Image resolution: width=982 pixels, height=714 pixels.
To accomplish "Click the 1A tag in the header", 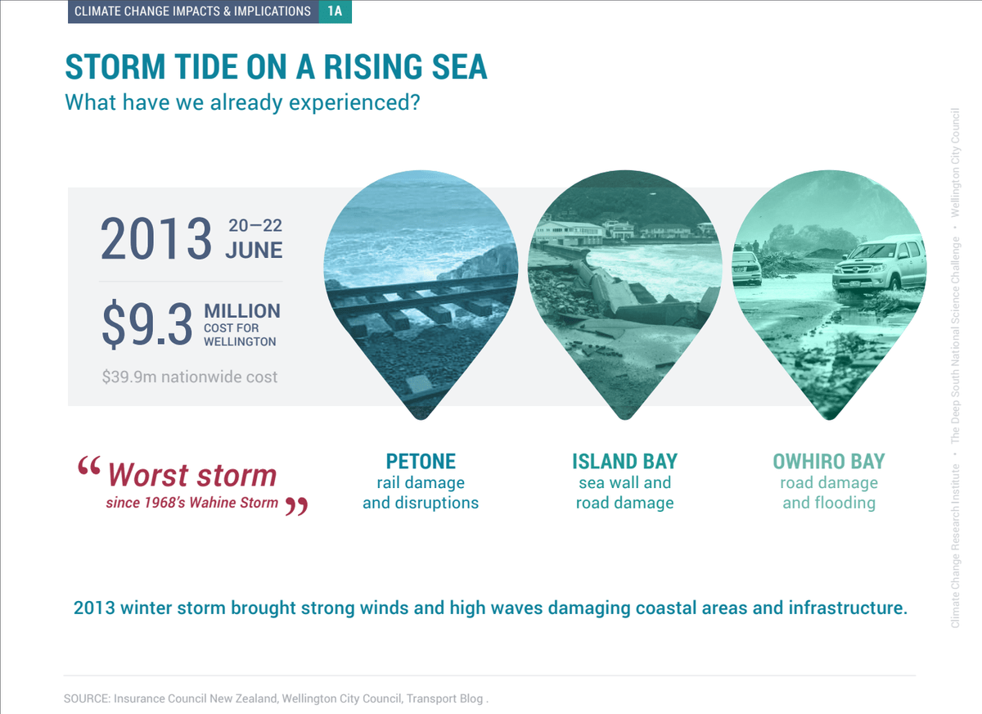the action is tap(335, 11).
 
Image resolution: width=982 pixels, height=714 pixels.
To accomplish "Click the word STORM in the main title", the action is tap(115, 66).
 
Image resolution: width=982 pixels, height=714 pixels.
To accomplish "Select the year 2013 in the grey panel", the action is tap(156, 239).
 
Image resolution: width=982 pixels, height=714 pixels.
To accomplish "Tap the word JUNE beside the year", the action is tap(255, 250).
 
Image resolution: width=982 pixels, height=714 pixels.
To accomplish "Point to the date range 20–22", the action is tap(255, 225).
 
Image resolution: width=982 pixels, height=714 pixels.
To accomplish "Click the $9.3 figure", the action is tap(146, 323).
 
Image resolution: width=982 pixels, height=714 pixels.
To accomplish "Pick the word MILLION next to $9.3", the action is tap(242, 311).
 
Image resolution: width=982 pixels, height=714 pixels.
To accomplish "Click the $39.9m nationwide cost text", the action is tap(190, 377).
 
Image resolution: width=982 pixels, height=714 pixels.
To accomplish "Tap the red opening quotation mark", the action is tap(89, 465).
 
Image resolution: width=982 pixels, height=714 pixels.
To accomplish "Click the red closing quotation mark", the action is tap(297, 506).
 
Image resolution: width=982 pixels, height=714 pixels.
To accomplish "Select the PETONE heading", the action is tap(421, 461).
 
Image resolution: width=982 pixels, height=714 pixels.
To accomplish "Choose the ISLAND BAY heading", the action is tap(624, 461).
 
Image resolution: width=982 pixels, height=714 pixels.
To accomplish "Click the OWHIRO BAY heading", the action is tap(829, 461).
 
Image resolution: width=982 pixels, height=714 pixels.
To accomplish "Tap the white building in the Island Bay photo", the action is tap(569, 233).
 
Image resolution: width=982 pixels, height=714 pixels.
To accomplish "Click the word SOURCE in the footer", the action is tap(87, 698).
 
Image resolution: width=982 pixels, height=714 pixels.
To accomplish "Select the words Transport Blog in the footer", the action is tap(444, 698).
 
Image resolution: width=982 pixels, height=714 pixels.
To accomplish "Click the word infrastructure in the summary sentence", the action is tap(848, 608).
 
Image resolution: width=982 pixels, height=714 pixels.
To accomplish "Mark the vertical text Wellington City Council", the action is tap(955, 163).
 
